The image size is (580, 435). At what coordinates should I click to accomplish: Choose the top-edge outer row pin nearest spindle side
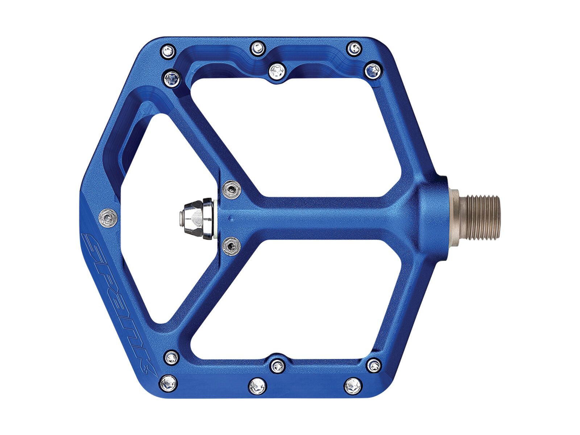coord(354,47)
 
